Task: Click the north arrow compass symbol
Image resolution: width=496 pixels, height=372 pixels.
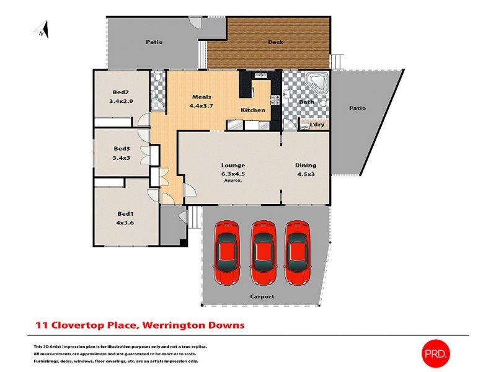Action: click(42, 30)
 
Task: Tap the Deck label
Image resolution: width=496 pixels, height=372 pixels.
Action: click(275, 42)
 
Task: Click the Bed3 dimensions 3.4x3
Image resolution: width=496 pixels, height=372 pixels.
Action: click(122, 157)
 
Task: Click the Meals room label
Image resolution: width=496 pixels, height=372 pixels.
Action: click(201, 97)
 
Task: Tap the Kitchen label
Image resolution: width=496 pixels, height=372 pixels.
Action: click(253, 110)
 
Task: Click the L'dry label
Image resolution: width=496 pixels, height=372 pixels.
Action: click(317, 125)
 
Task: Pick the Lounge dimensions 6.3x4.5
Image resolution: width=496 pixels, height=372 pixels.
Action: click(233, 174)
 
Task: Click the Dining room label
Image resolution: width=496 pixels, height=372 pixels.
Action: click(306, 165)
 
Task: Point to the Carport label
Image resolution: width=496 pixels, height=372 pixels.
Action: click(262, 296)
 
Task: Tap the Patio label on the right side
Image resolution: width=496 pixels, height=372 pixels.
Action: click(357, 108)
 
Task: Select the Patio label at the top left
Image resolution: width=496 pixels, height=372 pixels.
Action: click(154, 42)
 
